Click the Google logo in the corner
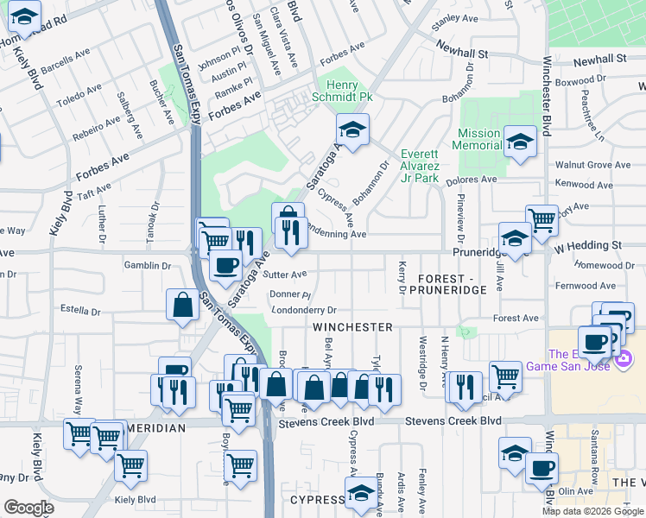[28, 508]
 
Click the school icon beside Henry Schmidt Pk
[352, 130]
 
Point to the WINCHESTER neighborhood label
[352, 327]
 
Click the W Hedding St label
[587, 245]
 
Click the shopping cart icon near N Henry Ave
[505, 376]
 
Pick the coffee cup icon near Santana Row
[541, 469]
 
